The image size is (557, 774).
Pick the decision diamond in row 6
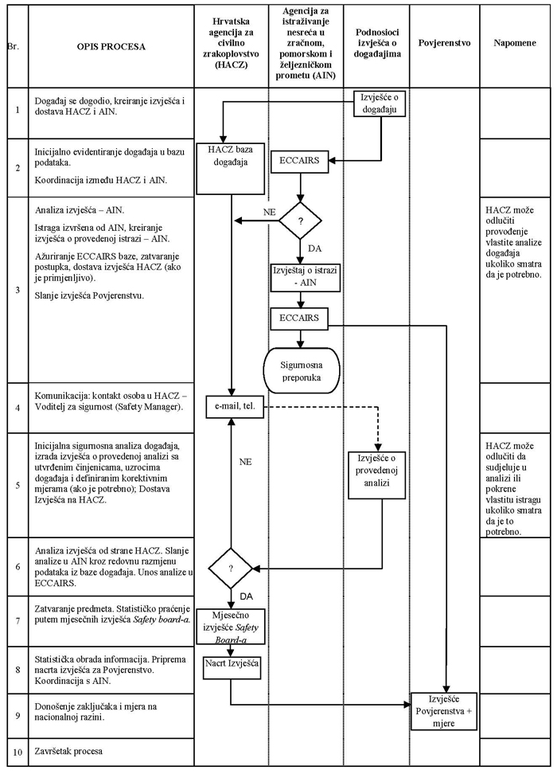[231, 569]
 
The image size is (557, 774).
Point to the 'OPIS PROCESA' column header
[111, 47]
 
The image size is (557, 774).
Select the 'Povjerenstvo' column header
[444, 41]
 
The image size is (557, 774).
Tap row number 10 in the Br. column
[17, 752]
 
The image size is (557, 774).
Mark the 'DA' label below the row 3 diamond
[314, 249]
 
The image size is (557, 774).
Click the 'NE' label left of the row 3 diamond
[270, 213]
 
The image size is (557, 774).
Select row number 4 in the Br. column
[17, 407]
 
